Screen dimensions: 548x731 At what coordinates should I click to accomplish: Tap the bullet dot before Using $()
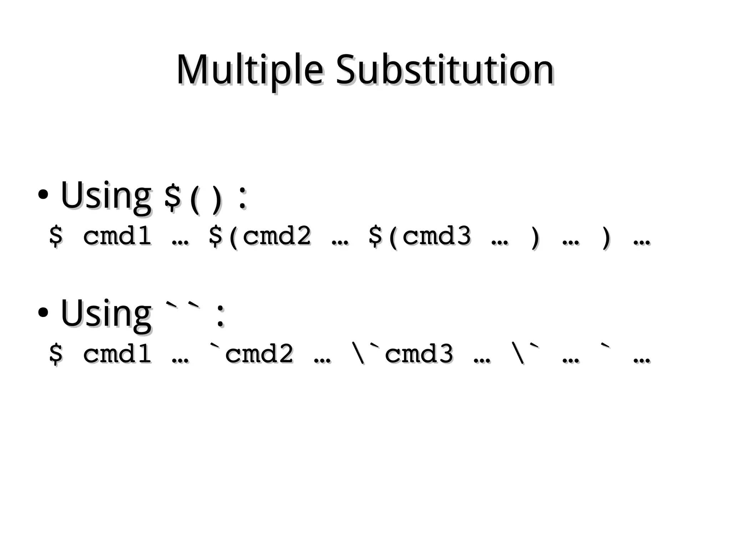point(43,195)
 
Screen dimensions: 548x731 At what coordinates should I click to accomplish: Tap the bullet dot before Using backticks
point(43,312)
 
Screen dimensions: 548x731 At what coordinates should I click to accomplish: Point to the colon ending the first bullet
point(242,198)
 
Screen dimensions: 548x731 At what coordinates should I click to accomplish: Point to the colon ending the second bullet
point(221,316)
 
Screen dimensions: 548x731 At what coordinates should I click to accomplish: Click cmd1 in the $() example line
point(117,236)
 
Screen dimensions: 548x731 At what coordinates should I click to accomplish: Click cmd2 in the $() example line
point(277,236)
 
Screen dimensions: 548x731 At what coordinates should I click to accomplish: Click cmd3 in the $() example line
point(436,236)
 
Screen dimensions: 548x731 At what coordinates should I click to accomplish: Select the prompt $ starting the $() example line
point(56,236)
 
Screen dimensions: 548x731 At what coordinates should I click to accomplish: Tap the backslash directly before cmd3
point(359,353)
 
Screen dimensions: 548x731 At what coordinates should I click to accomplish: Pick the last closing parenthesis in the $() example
point(606,238)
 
